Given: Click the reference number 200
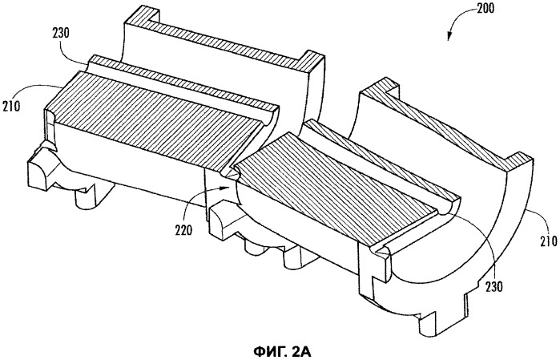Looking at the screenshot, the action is tap(484, 7).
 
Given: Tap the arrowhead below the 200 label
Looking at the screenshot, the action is tap(449, 36).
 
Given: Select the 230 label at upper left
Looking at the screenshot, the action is tap(61, 33).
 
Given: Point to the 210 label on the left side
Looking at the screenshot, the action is tap(10, 106).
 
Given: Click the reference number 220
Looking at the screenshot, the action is tap(183, 230).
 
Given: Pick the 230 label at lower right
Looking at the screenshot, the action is tap(494, 287).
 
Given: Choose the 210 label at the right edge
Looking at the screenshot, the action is tap(548, 241).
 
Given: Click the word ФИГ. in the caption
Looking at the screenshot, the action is tap(270, 352).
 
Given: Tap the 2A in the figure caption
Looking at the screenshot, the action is tap(301, 352).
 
